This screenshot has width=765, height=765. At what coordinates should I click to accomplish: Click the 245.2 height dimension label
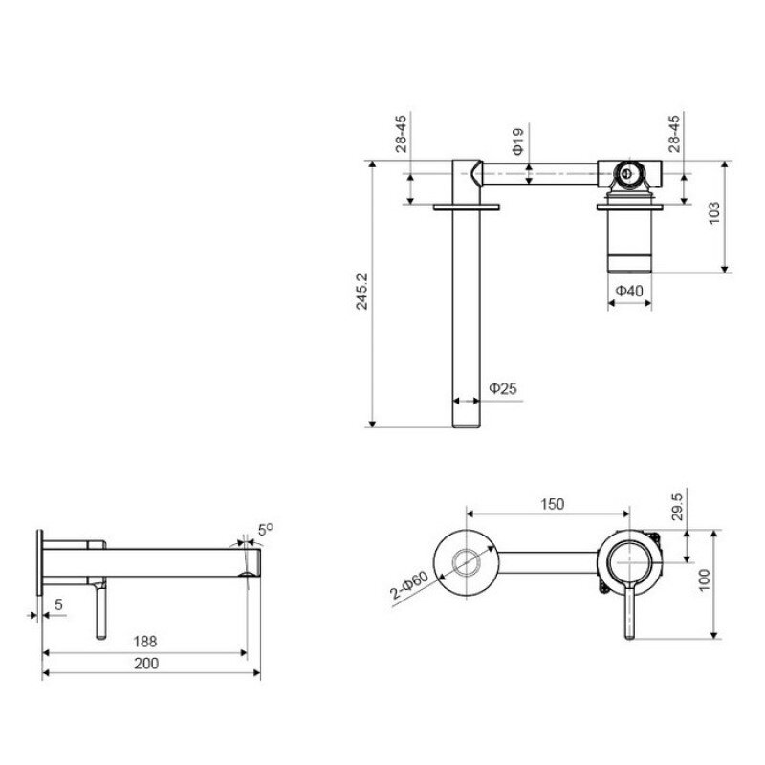pyautogui.click(x=361, y=292)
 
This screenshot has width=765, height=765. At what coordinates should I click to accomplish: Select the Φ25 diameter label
pyautogui.click(x=503, y=388)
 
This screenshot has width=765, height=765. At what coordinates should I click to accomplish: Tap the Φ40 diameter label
pyautogui.click(x=629, y=291)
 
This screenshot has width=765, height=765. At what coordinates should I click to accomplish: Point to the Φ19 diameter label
pyautogui.click(x=517, y=142)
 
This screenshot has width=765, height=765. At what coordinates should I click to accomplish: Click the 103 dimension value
pyautogui.click(x=713, y=212)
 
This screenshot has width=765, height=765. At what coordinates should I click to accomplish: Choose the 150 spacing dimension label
pyautogui.click(x=552, y=504)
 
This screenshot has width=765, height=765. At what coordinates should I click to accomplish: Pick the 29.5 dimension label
pyautogui.click(x=678, y=507)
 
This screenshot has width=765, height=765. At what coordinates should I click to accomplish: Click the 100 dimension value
pyautogui.click(x=704, y=580)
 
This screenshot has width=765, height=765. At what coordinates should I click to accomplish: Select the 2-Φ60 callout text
pyautogui.click(x=409, y=585)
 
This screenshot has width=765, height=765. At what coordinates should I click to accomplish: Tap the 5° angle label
pyautogui.click(x=266, y=530)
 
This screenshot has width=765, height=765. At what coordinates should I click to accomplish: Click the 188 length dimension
pyautogui.click(x=145, y=641)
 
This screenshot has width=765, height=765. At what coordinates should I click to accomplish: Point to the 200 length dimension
pyautogui.click(x=146, y=663)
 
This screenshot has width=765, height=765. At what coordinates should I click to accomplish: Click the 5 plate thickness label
pyautogui.click(x=58, y=604)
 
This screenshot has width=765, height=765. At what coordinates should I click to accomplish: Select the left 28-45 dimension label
pyautogui.click(x=401, y=134)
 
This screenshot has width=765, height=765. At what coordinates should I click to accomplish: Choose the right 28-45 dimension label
pyautogui.click(x=674, y=134)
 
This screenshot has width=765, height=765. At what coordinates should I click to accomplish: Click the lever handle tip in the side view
pyautogui.click(x=100, y=636)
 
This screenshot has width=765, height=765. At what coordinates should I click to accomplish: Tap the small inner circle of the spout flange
pyautogui.click(x=466, y=562)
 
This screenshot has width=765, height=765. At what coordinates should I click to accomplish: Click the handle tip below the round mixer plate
pyautogui.click(x=629, y=635)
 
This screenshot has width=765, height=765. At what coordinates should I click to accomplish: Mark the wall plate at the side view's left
pyautogui.click(x=40, y=562)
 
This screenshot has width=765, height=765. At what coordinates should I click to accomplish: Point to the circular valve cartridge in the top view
pyautogui.click(x=629, y=173)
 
